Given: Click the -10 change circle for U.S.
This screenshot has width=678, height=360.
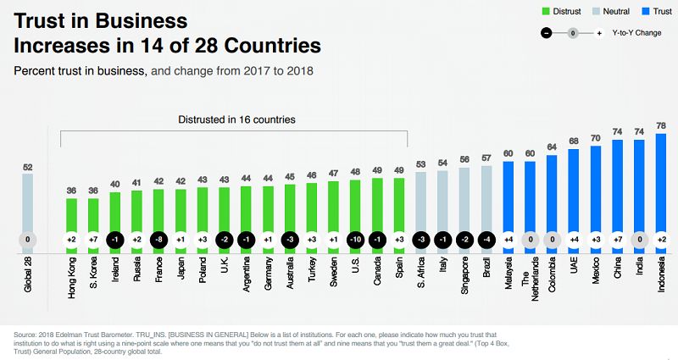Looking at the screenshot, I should click(x=356, y=240).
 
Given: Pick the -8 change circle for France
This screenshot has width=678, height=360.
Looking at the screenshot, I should click(x=158, y=240).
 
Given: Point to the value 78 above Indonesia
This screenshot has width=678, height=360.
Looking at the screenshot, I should click(x=661, y=125).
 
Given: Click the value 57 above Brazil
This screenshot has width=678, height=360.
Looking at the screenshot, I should click(x=486, y=158).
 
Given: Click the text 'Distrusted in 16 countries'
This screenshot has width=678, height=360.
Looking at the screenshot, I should click(x=236, y=119).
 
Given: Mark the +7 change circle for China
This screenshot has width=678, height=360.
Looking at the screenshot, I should click(x=618, y=240).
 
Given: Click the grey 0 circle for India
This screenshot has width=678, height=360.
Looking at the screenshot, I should click(x=640, y=240).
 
